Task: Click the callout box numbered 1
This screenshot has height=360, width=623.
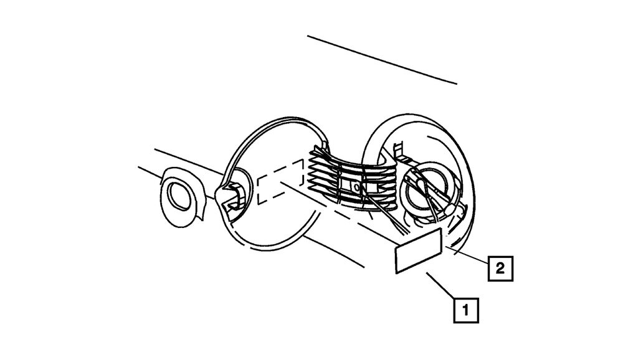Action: coord(466,310)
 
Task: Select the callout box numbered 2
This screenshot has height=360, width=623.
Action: coord(501,268)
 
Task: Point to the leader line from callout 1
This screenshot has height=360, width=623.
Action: coord(440,285)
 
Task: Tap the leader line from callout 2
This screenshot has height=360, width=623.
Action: coord(467,255)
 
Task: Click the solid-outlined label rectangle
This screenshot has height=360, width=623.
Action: coord(419,251)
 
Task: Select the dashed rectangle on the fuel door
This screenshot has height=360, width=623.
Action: coord(281,182)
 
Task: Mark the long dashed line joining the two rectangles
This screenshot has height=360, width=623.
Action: coord(338,213)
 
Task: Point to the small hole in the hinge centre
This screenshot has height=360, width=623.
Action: coord(357,186)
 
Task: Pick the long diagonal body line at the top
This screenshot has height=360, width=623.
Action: coord(382,60)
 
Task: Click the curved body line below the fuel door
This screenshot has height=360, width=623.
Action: coord(334,251)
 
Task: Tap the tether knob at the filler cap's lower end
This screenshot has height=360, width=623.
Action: coord(450,210)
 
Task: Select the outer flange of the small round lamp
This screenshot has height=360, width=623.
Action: coord(183,197)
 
